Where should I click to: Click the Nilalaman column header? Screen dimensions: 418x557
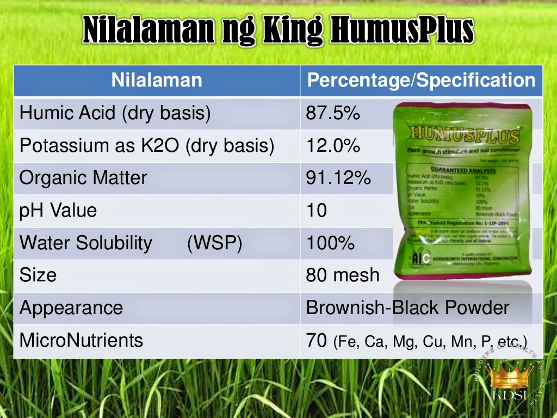pos(157,81)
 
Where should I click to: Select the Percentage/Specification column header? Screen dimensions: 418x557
pos(421,81)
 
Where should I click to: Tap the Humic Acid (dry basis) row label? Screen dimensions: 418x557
pos(115,113)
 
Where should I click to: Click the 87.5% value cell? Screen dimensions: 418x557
pos(333,113)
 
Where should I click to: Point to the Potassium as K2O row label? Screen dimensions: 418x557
pos(147,146)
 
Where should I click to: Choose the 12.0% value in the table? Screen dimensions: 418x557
pos(333,146)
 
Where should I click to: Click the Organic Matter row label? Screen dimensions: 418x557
pos(83,178)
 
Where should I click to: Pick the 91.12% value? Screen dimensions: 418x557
pos(338,178)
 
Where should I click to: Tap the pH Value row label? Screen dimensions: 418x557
pos(58,210)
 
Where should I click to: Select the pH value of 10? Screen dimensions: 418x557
pos(317,210)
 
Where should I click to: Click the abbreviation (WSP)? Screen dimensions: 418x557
pos(214,243)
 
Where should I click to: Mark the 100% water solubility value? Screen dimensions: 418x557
pos(330,243)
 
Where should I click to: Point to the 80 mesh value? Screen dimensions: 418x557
pos(343,275)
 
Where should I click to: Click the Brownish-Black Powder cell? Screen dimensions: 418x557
pos(407,308)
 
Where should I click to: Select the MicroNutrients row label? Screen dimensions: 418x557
pos(82,340)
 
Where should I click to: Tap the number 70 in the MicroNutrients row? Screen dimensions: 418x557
pos(316,340)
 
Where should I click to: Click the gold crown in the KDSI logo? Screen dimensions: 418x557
pos(509,376)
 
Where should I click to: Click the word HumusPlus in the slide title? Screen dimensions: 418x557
pos(402,31)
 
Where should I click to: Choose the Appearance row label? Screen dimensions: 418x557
pos(71,308)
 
